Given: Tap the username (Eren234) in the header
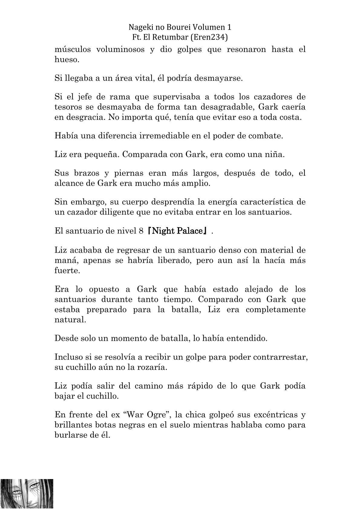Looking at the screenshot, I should [x=208, y=37].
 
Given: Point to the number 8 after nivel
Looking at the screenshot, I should [x=141, y=231].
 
